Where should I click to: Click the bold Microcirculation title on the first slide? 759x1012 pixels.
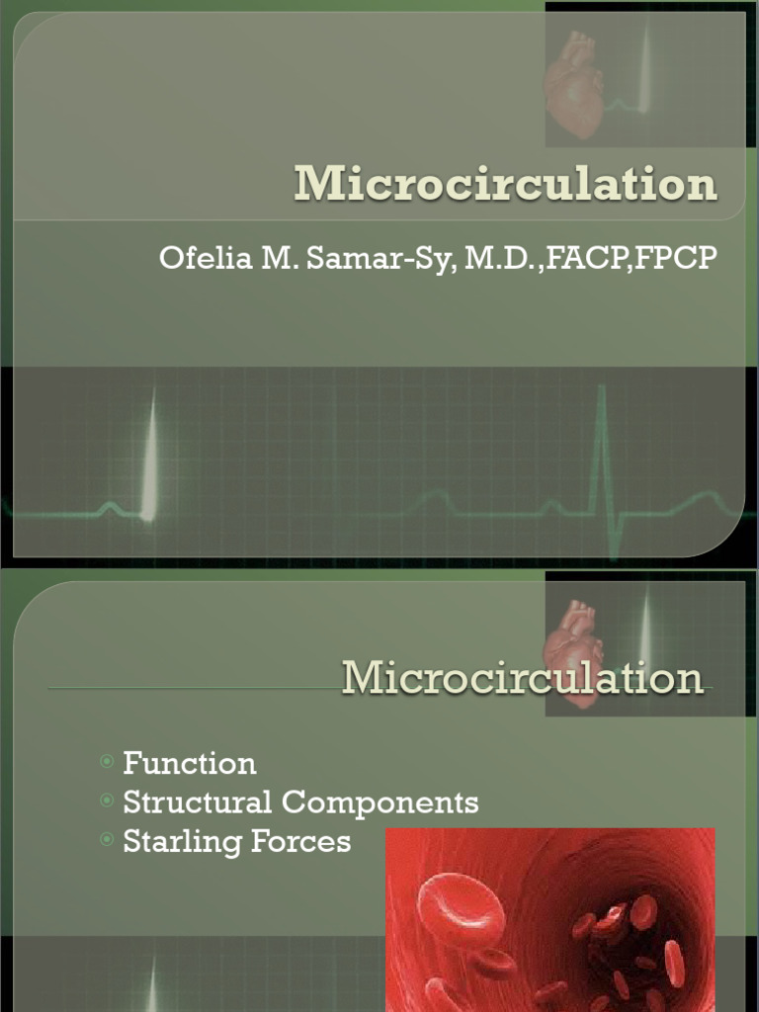(505, 185)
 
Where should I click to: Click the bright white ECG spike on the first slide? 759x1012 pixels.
(151, 455)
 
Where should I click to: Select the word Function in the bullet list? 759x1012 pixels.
(189, 763)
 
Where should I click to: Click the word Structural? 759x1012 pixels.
(197, 802)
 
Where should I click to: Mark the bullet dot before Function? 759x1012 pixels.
(106, 762)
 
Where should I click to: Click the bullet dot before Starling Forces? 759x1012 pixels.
(106, 841)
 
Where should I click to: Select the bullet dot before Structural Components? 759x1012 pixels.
(106, 801)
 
